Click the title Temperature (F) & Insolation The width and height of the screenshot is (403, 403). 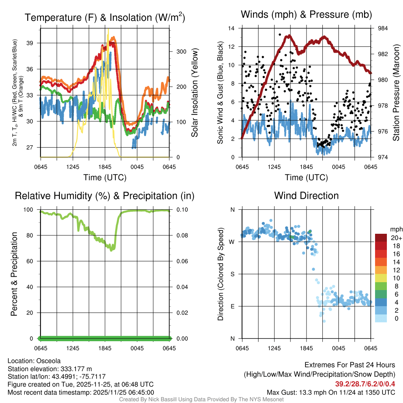point(105,18)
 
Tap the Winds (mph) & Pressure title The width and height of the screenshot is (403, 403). point(307,15)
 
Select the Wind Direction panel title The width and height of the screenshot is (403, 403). point(307,196)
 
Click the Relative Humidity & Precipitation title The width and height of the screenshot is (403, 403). point(105,196)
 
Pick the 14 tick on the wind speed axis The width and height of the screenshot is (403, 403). point(231,28)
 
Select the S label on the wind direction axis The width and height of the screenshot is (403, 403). point(233,274)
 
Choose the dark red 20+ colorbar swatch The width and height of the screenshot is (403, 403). point(381,238)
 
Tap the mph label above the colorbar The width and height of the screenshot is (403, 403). point(395,229)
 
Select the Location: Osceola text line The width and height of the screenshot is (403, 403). point(34,360)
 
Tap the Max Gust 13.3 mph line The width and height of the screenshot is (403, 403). point(331,392)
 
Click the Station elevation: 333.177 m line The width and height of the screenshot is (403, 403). point(50,369)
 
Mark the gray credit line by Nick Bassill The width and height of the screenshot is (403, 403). point(201,399)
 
